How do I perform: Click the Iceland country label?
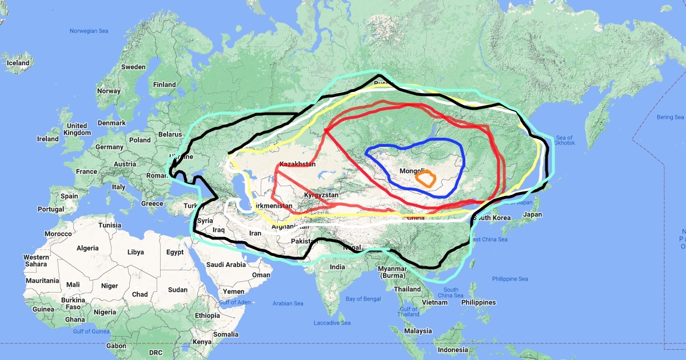click(18, 63)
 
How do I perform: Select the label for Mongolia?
click(412, 171)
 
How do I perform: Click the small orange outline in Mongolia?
click(426, 178)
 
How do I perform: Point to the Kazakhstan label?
click(297, 165)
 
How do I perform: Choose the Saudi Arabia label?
click(226, 265)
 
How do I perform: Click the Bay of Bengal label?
click(363, 299)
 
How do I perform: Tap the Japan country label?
click(532, 215)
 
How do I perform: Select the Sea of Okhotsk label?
click(564, 140)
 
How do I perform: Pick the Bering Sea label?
click(670, 117)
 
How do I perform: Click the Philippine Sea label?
click(510, 279)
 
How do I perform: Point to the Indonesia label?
click(453, 350)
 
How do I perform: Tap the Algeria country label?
click(88, 249)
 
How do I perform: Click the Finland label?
click(165, 85)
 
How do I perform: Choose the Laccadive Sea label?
click(332, 323)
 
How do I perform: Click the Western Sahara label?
click(36, 261)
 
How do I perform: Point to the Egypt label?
click(175, 252)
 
